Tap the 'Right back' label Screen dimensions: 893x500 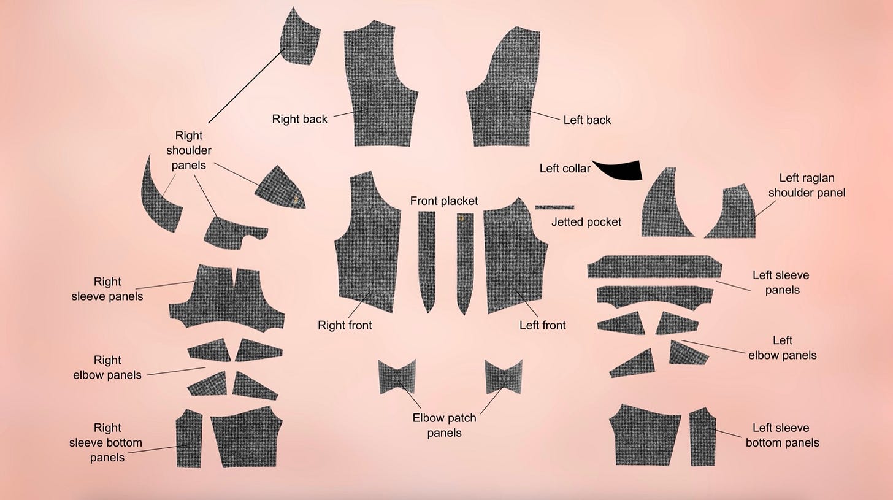click(299, 119)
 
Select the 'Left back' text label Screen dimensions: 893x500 click(587, 120)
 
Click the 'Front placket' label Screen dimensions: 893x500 click(443, 201)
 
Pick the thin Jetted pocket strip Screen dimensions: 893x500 click(554, 207)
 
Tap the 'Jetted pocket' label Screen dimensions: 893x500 click(586, 222)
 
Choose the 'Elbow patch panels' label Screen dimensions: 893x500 click(444, 425)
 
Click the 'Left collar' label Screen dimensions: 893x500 click(564, 169)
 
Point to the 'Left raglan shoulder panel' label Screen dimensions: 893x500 click(807, 185)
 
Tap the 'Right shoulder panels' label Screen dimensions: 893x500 click(188, 150)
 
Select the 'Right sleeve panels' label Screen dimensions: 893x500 click(107, 289)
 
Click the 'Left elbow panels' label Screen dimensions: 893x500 click(782, 348)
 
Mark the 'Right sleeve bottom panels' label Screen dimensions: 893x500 click(106, 442)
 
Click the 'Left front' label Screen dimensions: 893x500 click(542, 325)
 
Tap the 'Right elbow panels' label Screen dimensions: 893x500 click(107, 367)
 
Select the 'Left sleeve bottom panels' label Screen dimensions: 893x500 click(782, 436)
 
